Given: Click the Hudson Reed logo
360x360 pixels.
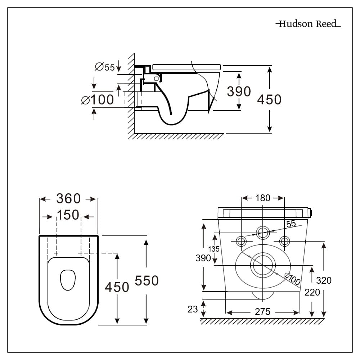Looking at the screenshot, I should [308, 24].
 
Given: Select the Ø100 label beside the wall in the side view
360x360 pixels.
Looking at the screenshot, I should [98, 100].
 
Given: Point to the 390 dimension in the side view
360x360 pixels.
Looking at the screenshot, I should [239, 91].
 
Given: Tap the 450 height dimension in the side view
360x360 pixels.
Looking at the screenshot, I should [269, 99].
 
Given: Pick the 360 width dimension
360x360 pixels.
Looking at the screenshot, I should [68, 198].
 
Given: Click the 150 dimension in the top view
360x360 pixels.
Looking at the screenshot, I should [68, 215].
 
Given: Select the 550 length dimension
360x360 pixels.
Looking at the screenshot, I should [147, 280].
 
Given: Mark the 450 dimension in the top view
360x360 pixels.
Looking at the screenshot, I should [117, 287].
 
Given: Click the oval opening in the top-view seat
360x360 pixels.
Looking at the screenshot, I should [68, 280].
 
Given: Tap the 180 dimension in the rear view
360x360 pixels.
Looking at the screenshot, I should [263, 198].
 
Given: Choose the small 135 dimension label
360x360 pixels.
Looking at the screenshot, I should [214, 249].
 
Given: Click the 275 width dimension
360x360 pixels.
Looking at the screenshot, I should [262, 312].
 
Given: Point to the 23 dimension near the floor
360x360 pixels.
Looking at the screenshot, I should [193, 309].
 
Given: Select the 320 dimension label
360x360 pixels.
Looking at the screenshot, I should [324, 280].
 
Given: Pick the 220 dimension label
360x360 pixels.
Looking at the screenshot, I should [312, 292].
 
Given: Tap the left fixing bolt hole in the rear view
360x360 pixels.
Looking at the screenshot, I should [241, 240].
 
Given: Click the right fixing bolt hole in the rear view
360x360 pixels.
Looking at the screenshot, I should [284, 240].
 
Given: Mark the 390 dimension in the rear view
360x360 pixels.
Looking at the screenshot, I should [203, 258].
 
